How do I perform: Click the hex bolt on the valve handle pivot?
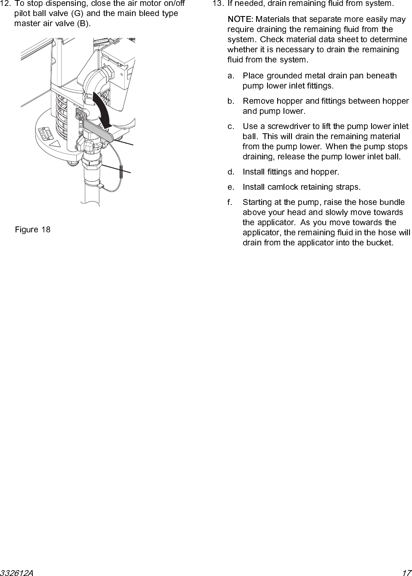click(79, 115)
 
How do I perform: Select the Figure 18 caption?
click(32, 230)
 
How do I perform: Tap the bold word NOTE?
click(239, 19)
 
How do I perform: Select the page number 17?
click(406, 573)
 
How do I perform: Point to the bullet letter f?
click(230, 202)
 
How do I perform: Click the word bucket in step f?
click(381, 243)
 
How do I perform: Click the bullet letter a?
click(230, 76)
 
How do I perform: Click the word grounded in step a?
click(284, 76)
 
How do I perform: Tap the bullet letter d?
click(230, 172)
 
